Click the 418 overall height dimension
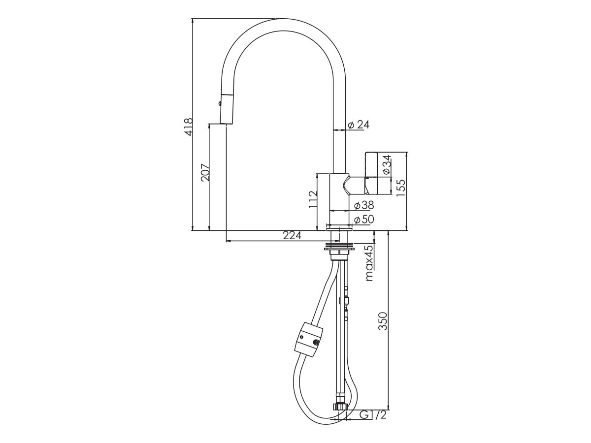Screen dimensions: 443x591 point(187,127)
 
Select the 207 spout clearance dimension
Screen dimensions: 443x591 point(205,172)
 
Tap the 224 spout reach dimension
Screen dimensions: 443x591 point(292,236)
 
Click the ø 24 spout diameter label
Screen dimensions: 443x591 point(358,125)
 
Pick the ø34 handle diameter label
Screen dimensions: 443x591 point(387,164)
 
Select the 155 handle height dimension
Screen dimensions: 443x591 point(401,188)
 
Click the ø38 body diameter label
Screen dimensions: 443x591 point(364,205)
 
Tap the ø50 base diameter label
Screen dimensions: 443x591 point(364,220)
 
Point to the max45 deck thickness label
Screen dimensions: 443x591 point(369,263)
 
